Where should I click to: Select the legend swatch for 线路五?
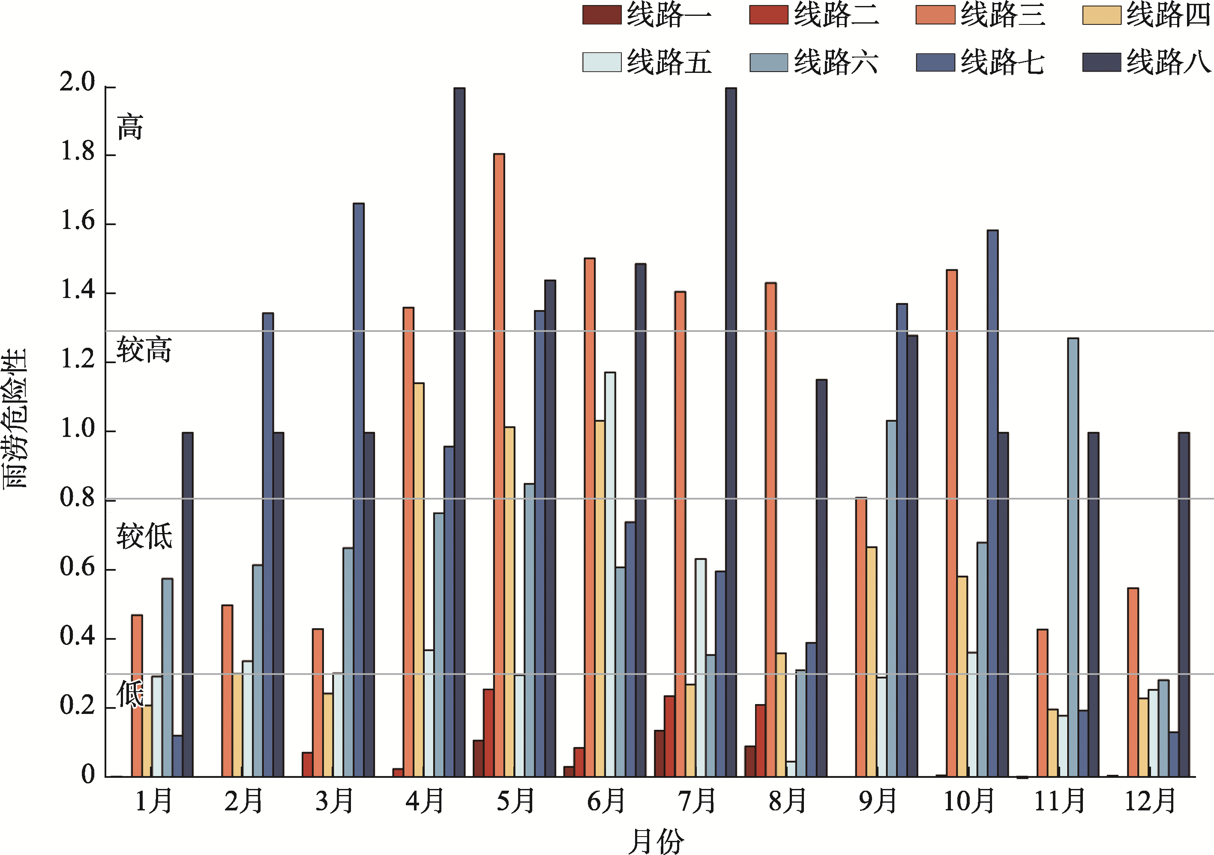(x=601, y=62)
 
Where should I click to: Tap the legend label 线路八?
(x=1168, y=62)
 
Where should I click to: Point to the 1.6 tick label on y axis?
(x=77, y=221)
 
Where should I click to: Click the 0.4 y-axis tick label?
(x=77, y=636)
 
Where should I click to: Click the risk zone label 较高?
(x=144, y=350)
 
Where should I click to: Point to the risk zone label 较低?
(x=144, y=536)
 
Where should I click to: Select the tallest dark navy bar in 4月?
(x=459, y=432)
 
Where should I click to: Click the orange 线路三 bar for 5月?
(x=499, y=465)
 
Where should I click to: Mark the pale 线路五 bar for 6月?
(x=610, y=575)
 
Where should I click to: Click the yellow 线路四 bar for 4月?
(x=419, y=580)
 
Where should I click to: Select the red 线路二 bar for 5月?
(x=489, y=733)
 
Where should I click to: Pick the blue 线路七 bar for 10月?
(x=992, y=503)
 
